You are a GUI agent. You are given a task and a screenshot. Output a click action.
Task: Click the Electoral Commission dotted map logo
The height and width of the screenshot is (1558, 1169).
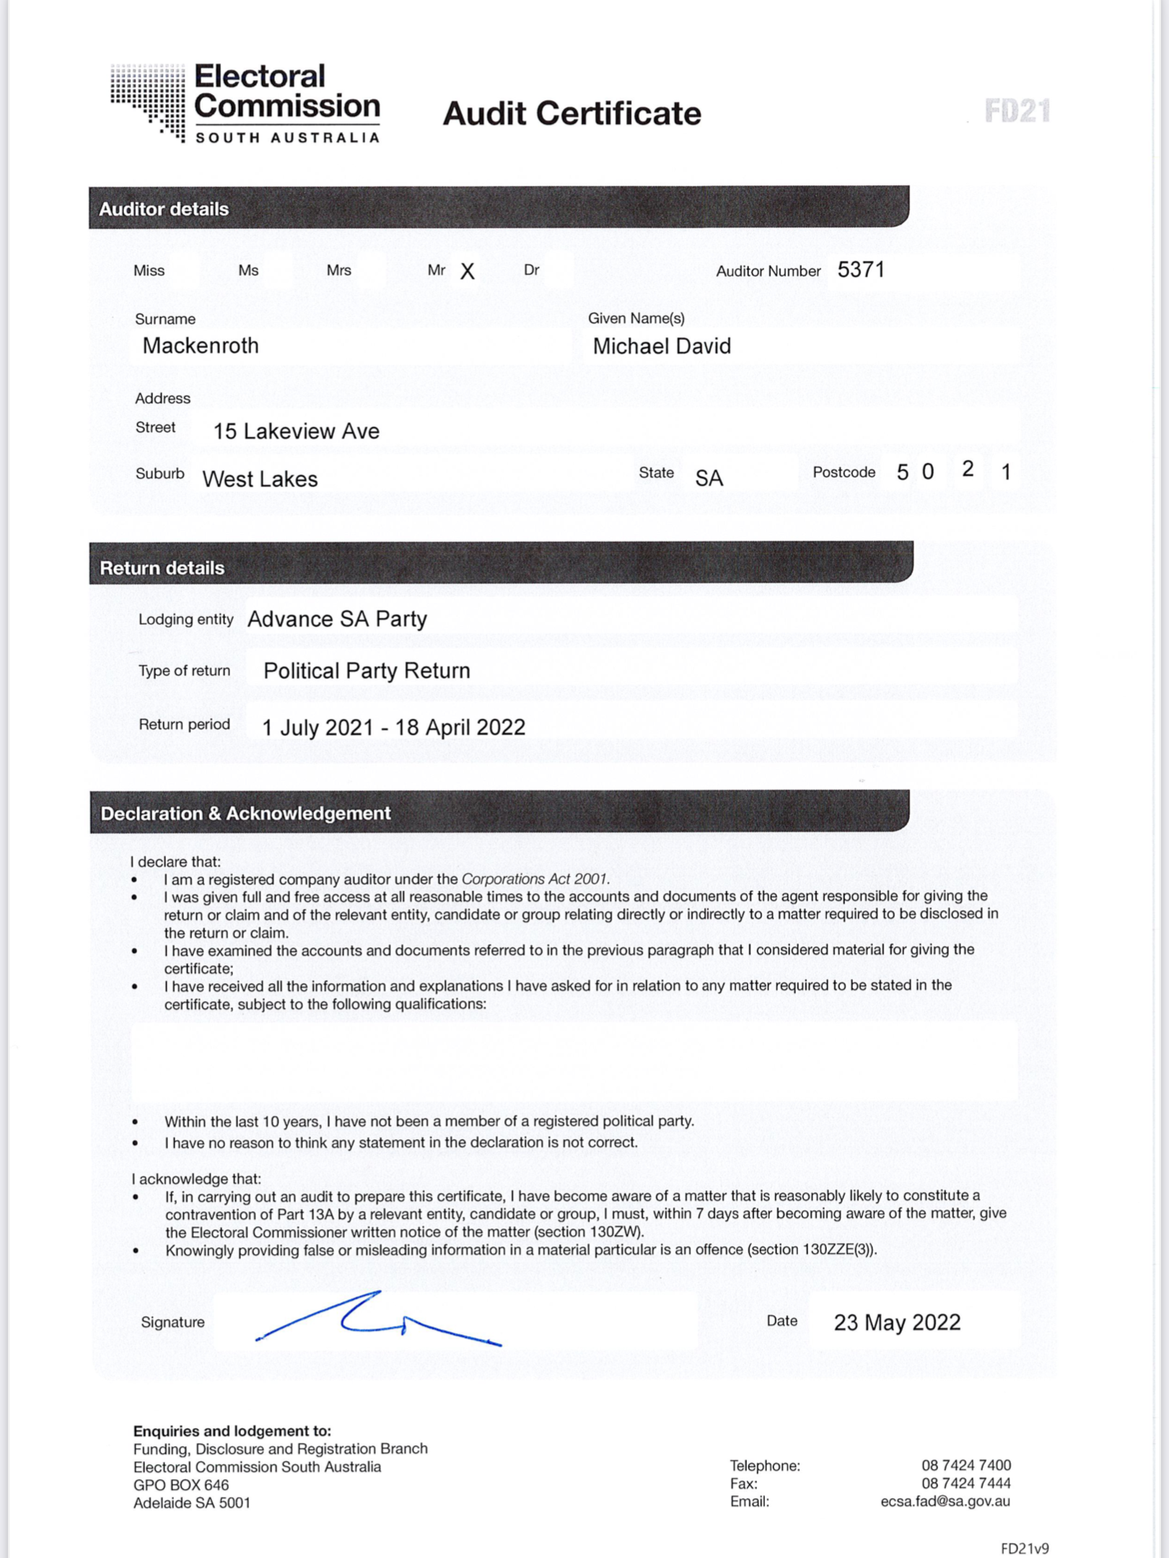click(149, 101)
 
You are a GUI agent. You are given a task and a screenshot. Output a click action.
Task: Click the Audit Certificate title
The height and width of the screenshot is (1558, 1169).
click(572, 113)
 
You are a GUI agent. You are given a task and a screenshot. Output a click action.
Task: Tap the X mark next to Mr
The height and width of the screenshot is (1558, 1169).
click(468, 271)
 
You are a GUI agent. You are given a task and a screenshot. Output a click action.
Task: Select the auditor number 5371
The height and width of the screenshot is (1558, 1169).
click(861, 270)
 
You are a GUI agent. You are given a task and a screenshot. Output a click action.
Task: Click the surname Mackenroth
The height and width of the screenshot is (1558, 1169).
click(201, 346)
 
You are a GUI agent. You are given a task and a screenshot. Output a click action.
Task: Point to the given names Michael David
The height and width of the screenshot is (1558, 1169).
click(662, 346)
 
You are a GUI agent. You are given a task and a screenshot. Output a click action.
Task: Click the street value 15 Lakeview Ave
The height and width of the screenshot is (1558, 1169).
click(296, 431)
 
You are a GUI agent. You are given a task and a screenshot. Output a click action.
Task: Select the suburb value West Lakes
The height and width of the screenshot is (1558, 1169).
click(260, 479)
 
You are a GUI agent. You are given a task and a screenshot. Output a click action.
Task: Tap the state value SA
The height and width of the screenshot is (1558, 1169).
click(709, 478)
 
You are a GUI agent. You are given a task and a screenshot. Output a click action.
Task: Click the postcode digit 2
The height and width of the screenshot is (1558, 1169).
click(968, 469)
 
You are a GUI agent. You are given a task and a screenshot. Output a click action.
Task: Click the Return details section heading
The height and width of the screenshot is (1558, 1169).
click(162, 568)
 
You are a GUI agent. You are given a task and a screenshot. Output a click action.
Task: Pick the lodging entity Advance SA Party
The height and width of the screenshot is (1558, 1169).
click(337, 619)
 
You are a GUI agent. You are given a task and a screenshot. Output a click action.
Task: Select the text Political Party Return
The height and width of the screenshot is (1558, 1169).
click(367, 671)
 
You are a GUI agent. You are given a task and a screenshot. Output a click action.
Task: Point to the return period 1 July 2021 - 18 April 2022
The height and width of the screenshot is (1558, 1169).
click(393, 727)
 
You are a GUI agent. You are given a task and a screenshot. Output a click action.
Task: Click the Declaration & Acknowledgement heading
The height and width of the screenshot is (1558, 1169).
click(245, 814)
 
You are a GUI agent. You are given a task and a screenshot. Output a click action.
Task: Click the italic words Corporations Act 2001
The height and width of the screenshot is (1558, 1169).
click(535, 879)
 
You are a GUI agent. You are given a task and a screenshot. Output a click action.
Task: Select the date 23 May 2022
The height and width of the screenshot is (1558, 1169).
click(897, 1322)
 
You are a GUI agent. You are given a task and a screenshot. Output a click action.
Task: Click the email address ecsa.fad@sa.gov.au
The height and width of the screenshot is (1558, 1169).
click(945, 1501)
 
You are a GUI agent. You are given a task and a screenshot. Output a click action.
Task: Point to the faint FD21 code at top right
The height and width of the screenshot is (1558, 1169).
click(1017, 111)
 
